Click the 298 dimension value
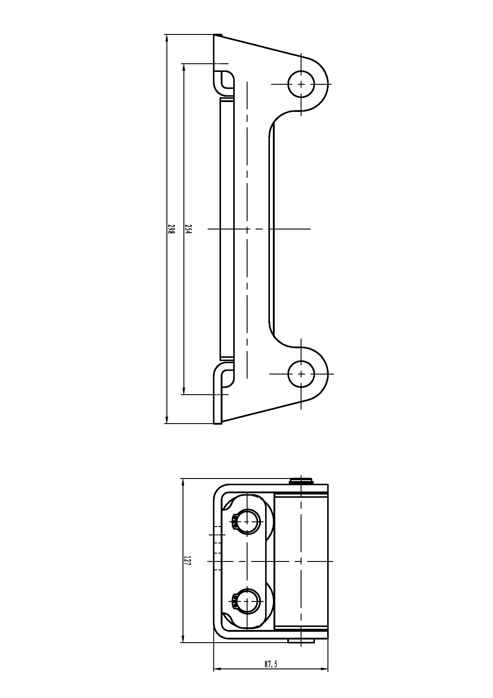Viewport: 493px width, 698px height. (171, 229)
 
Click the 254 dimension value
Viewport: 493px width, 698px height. (188, 229)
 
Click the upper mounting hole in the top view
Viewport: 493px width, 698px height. (301, 84)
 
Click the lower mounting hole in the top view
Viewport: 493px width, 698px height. (301, 374)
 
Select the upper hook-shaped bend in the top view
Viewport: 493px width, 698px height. (224, 80)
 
